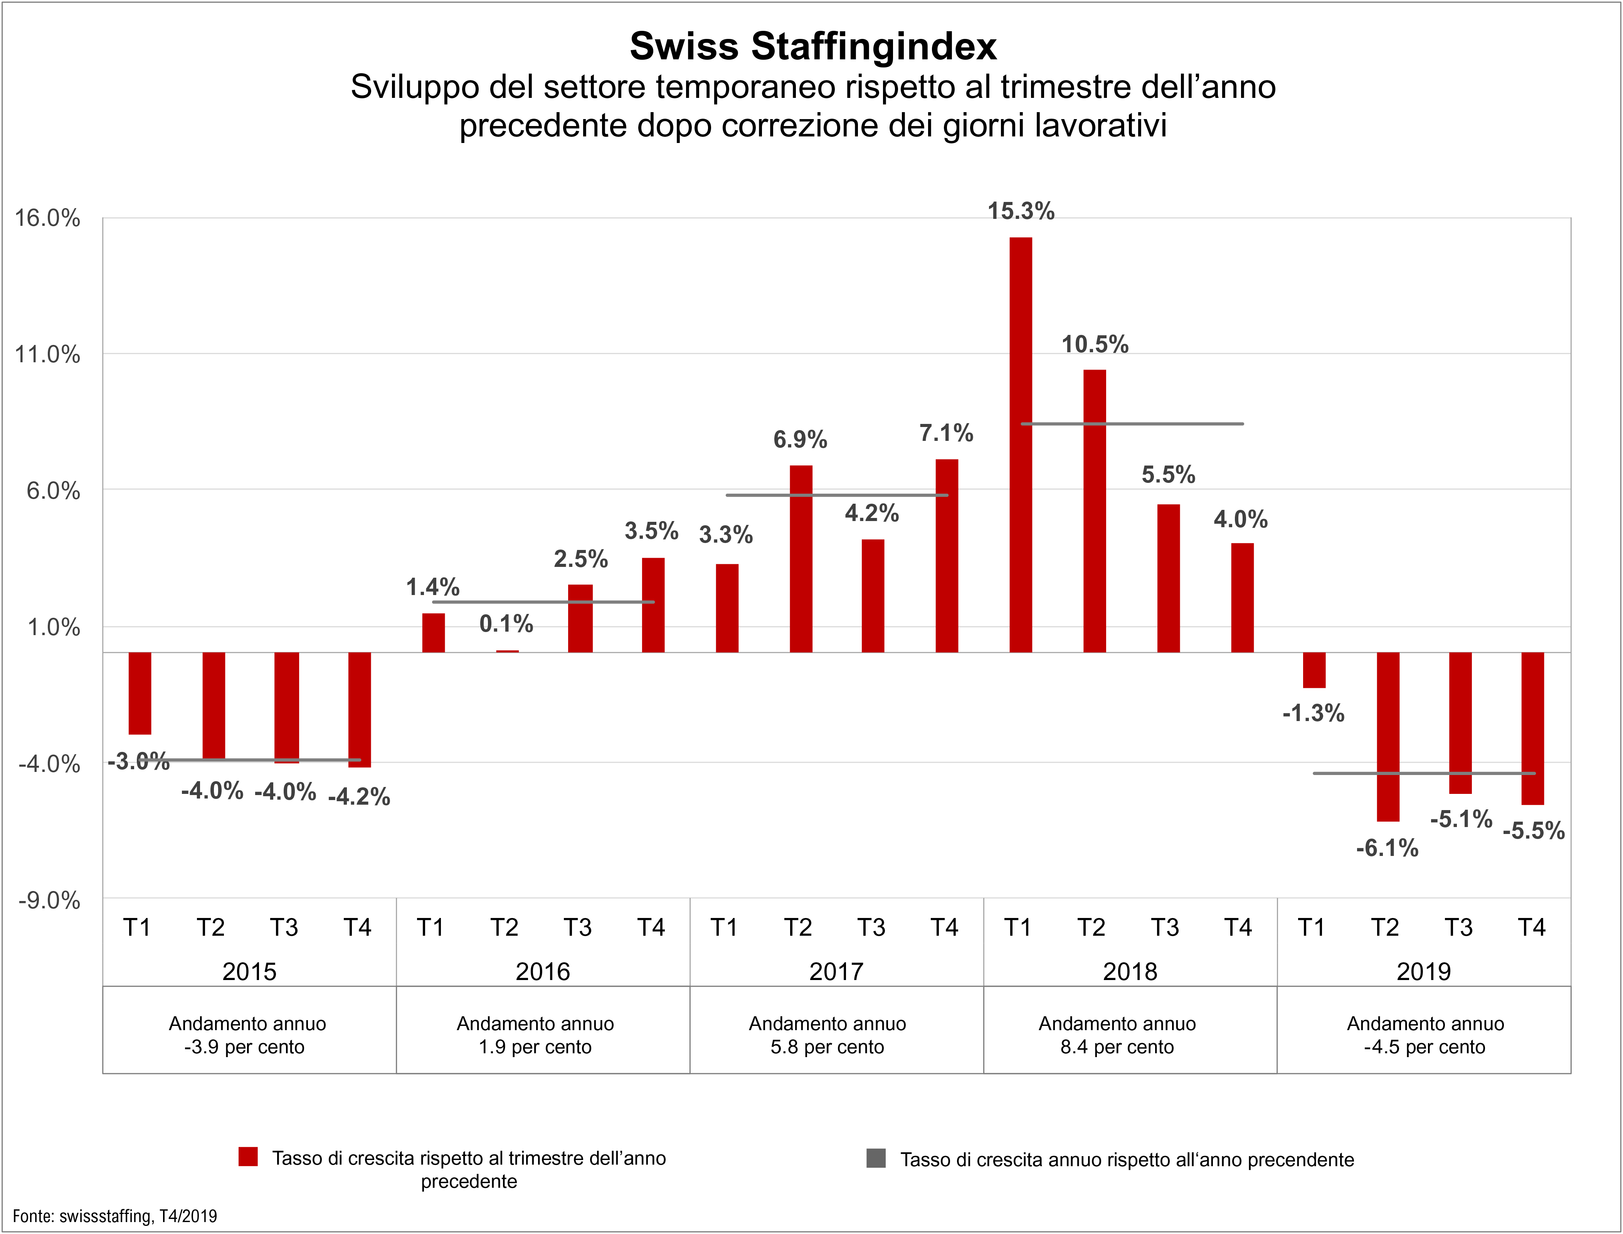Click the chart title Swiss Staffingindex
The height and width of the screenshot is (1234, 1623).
pyautogui.click(x=813, y=46)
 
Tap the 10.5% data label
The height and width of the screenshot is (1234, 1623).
pyautogui.click(x=1094, y=345)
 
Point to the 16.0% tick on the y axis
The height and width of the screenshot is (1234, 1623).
pyautogui.click(x=48, y=218)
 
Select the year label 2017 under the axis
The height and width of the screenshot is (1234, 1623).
pyautogui.click(x=836, y=972)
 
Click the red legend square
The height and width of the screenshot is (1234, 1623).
pyautogui.click(x=248, y=1157)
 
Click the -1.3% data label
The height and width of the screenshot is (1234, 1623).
pyautogui.click(x=1313, y=713)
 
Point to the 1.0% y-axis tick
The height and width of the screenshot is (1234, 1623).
pyautogui.click(x=53, y=627)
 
